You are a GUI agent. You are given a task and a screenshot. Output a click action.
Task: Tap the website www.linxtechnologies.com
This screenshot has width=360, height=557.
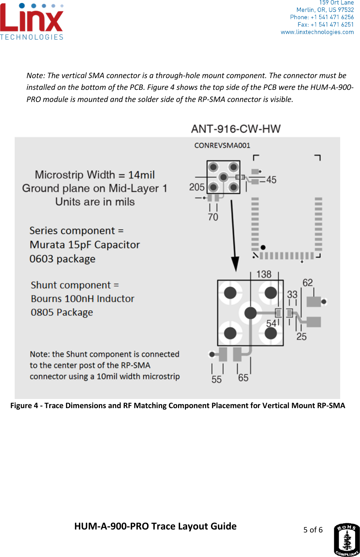(x=317, y=32)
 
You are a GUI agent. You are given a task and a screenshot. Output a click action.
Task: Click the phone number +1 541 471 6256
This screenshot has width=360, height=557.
(x=332, y=17)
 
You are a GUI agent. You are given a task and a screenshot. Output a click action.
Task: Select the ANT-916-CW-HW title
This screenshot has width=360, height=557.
(x=236, y=129)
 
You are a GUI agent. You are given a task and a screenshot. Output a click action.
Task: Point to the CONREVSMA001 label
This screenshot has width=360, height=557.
(x=222, y=146)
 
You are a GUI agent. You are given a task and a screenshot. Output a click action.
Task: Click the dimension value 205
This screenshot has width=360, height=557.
(x=197, y=187)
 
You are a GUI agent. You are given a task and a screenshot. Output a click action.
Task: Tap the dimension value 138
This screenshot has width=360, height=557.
(x=263, y=274)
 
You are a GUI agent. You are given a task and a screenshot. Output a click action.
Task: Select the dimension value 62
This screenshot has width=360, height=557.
(x=308, y=283)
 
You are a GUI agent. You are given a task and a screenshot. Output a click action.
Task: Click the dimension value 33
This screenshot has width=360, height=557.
(x=292, y=294)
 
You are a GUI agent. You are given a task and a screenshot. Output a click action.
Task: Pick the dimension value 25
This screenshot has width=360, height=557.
(x=301, y=337)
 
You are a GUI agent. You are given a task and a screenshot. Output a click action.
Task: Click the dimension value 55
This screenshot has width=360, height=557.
(x=217, y=380)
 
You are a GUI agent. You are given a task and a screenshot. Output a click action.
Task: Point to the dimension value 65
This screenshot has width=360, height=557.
(x=243, y=378)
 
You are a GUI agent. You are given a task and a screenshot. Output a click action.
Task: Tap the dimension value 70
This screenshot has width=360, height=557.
(x=213, y=217)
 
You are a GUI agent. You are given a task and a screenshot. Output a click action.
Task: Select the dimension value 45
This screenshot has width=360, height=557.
(x=271, y=180)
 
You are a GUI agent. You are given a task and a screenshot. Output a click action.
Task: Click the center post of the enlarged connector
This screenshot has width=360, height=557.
(x=250, y=313)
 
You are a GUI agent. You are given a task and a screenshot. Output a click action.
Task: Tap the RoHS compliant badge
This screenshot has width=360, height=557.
(x=346, y=540)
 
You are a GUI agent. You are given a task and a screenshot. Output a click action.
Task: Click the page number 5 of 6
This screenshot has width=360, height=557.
(x=313, y=530)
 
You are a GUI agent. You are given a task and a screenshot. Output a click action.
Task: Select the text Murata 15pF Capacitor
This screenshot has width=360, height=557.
(x=85, y=245)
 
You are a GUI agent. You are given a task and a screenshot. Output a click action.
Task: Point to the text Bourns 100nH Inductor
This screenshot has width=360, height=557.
(x=83, y=299)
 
